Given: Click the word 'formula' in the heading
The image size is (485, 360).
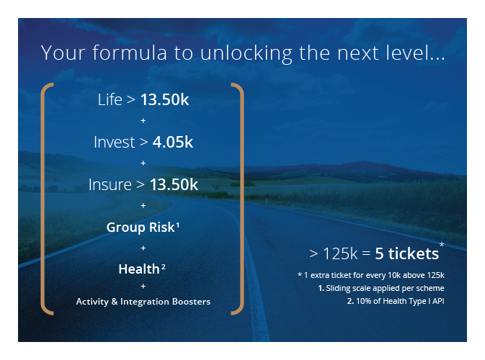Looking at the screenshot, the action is click(129, 53).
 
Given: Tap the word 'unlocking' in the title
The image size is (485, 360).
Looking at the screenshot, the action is click(246, 54).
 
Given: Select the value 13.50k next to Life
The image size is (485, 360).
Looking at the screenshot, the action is click(164, 100).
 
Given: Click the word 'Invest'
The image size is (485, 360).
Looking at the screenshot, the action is click(115, 142).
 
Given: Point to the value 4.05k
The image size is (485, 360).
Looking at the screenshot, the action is click(172, 142).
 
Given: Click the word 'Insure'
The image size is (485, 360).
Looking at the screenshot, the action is click(110, 185).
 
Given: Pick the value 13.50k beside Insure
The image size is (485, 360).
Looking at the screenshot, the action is click(174, 185).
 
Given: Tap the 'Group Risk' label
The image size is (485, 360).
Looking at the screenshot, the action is click(141, 228).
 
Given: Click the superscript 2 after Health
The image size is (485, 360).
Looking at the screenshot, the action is click(164, 267).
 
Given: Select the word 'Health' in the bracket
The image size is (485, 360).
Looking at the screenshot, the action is click(139, 269).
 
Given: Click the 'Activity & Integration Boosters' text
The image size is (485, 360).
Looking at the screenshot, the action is click(143, 302).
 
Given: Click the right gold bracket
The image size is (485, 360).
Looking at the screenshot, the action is click(241, 199).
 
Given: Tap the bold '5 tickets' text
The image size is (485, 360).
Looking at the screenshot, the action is click(406, 253).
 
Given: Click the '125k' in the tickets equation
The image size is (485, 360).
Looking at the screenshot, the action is click(340, 253).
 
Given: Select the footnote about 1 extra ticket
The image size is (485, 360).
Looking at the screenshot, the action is click(371, 275).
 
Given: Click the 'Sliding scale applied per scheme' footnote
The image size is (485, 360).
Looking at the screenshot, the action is click(381, 288).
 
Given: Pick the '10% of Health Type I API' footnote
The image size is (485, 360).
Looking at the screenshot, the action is click(396, 301).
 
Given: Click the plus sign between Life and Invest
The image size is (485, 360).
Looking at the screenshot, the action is click(143, 121).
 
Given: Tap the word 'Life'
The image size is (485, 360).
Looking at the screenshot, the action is click(110, 100).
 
